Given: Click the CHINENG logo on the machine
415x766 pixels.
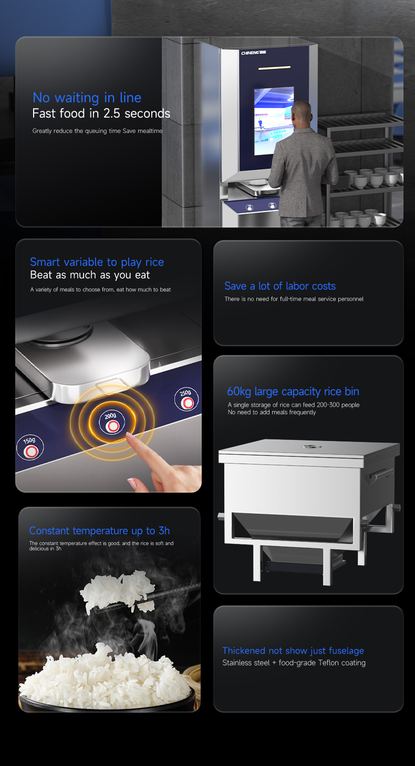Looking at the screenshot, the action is [253, 53].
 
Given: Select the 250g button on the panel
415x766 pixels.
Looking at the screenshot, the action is [186, 398].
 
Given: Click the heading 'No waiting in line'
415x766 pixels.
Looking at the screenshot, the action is [87, 98].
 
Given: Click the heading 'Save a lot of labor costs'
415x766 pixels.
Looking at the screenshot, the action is [280, 286].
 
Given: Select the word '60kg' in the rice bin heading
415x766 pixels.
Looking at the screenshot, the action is [239, 391].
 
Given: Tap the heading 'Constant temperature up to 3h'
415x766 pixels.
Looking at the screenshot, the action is [99, 530].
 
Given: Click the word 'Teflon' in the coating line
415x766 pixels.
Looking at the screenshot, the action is [328, 663].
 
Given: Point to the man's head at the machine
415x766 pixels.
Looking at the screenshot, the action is [302, 113].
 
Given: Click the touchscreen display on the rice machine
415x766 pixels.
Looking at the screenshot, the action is [274, 121].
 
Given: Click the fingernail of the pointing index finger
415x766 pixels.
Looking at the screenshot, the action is [130, 435].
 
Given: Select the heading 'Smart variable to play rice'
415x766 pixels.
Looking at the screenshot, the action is [97, 262].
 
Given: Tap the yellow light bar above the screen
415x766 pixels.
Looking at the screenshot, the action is [274, 68].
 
